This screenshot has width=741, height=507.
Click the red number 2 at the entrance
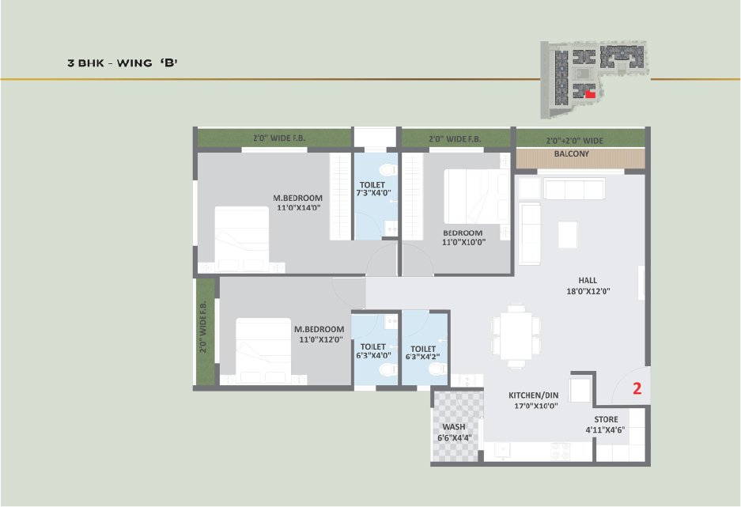[637, 388]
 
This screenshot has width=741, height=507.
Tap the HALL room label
[588, 280]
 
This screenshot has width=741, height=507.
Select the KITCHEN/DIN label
[534, 395]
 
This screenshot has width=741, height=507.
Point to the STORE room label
[606, 419]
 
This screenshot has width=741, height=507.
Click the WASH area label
[454, 426]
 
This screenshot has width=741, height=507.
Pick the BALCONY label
[571, 153]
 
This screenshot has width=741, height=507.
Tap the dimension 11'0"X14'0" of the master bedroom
[297, 207]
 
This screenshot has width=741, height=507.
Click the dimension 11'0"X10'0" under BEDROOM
[463, 242]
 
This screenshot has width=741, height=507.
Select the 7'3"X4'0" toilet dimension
[373, 193]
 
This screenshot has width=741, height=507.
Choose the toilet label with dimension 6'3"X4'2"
[423, 349]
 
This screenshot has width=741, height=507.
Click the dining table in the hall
[516, 336]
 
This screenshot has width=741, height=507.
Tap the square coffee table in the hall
[567, 234]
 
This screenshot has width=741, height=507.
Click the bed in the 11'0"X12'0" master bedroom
[263, 350]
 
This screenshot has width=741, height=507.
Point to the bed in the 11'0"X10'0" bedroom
[476, 197]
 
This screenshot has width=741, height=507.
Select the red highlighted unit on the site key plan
[590, 94]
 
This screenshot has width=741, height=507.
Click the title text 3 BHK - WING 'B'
[123, 62]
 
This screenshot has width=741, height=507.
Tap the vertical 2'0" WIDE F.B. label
[203, 327]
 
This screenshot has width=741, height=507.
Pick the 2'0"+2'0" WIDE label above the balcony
[575, 140]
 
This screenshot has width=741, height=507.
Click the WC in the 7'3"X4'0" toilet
[388, 169]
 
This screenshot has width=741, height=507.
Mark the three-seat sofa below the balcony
[574, 188]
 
